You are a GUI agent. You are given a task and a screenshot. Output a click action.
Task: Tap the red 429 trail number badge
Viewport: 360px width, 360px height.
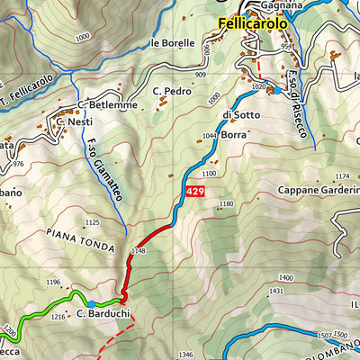click(194, 192)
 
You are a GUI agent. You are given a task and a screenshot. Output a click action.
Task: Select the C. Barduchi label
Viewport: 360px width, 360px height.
click(99, 314)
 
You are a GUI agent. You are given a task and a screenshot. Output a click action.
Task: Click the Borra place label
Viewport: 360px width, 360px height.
click(233, 133)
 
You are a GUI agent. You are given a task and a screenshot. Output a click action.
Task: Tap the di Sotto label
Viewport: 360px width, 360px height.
click(233, 114)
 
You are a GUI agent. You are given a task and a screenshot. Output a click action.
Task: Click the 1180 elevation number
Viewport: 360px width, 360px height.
click(226, 205)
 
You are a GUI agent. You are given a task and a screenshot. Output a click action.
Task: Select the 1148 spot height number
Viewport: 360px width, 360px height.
click(138, 250)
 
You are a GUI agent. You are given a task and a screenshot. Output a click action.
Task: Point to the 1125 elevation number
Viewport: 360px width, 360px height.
click(91, 221)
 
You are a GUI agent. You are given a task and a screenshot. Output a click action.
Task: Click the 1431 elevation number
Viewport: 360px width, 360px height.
click(276, 292)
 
